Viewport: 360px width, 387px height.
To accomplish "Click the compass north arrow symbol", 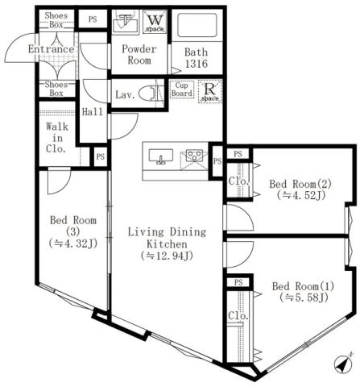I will (343, 364).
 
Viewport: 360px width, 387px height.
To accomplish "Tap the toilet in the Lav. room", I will (148, 94).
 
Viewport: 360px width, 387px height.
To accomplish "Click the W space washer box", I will (155, 22).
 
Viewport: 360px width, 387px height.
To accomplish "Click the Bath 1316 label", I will (196, 56).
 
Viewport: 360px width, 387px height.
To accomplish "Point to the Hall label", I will (93, 111).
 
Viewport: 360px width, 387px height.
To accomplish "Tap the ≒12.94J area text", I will (167, 256).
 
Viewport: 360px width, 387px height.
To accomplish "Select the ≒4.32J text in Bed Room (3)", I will (72, 242).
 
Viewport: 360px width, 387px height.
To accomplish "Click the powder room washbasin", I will (125, 22).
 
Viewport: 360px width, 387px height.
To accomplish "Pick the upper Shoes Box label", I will (56, 19).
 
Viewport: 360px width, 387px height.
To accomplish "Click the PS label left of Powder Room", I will (93, 19).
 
